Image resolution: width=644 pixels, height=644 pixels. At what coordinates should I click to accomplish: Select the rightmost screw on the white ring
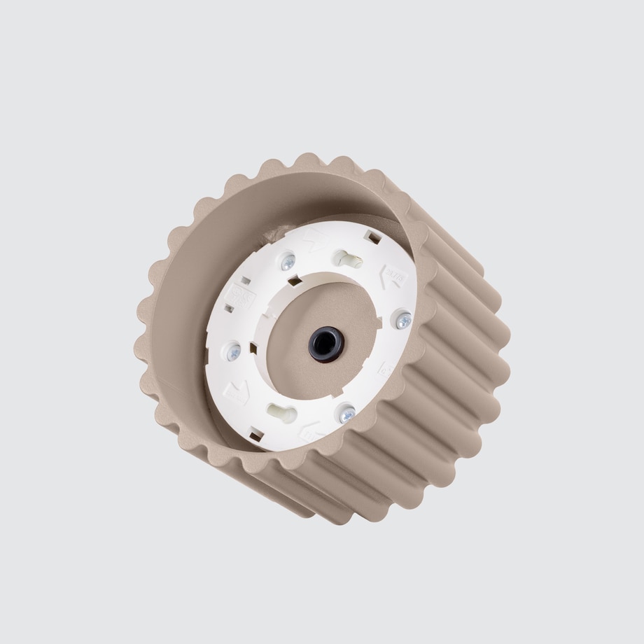pos(404,320)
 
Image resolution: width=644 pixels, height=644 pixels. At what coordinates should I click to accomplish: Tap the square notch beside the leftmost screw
pos(253,348)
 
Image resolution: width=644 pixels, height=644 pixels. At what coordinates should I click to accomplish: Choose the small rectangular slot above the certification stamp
pos(246,281)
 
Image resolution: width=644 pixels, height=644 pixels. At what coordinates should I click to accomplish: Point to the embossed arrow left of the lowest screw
pos(311,432)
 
